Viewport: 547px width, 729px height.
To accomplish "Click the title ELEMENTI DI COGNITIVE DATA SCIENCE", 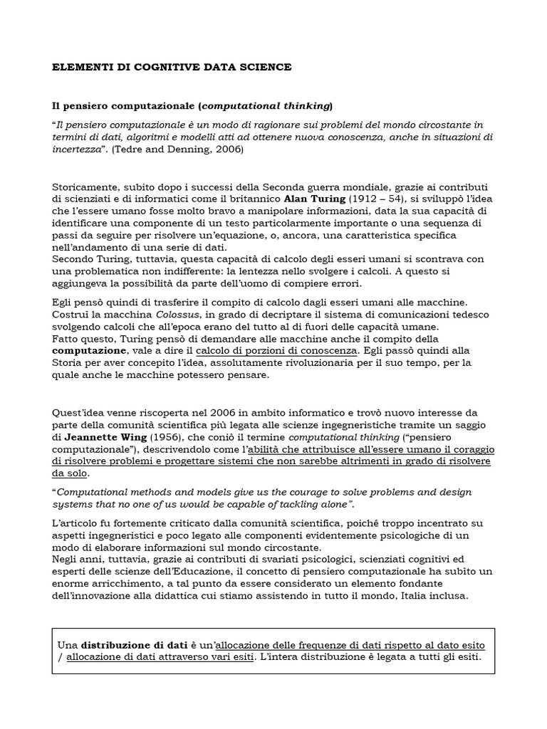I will [172, 67].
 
